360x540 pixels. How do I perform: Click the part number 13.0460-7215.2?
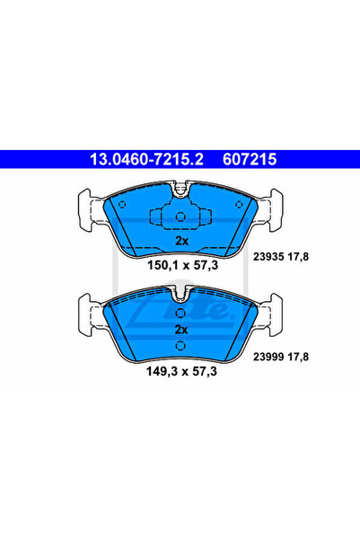[x=146, y=159]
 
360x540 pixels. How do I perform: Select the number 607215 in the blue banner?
[x=250, y=159]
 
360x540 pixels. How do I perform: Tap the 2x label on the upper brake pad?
[x=181, y=241]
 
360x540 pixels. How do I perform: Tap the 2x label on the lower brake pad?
[x=181, y=330]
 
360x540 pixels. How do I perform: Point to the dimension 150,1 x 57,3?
[x=183, y=265]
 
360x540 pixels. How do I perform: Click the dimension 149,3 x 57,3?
[x=181, y=371]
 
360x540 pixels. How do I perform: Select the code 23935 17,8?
[x=281, y=257]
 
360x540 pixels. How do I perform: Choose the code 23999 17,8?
[x=281, y=357]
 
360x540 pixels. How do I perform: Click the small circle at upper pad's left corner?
[x=122, y=205]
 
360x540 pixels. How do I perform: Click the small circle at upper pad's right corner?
[x=239, y=205]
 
